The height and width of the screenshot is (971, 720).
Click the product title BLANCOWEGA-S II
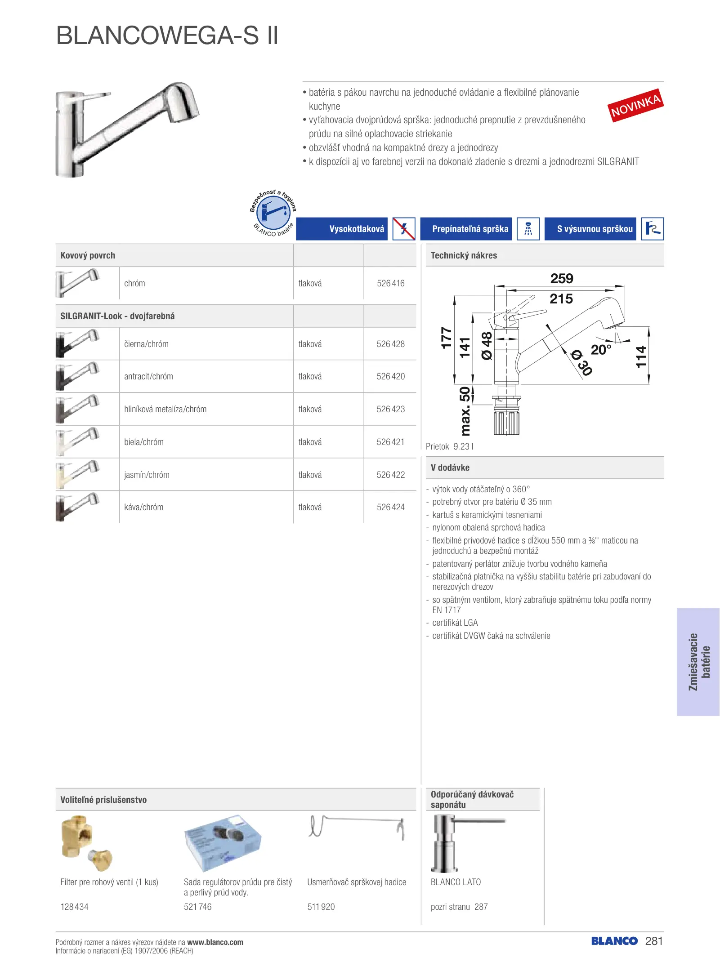(x=167, y=36)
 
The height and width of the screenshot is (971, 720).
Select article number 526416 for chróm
(x=390, y=283)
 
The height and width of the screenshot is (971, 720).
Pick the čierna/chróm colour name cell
(x=146, y=344)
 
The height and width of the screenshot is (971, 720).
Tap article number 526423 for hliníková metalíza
(x=390, y=409)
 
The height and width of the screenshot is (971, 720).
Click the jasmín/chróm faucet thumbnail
(x=77, y=474)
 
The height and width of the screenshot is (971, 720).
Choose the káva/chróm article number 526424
(x=390, y=507)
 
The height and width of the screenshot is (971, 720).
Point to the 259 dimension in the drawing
(x=562, y=279)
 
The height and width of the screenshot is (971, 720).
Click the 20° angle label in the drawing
(x=601, y=349)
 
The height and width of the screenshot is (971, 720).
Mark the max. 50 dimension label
(x=465, y=411)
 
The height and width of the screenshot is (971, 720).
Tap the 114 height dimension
(x=641, y=356)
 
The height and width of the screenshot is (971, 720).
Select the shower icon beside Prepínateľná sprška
(x=528, y=229)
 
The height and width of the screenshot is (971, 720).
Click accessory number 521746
(x=197, y=907)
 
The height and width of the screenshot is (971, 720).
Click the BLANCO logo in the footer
(x=614, y=941)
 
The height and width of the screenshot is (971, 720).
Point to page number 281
(x=654, y=941)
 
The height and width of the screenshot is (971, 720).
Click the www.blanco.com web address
(x=215, y=942)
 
